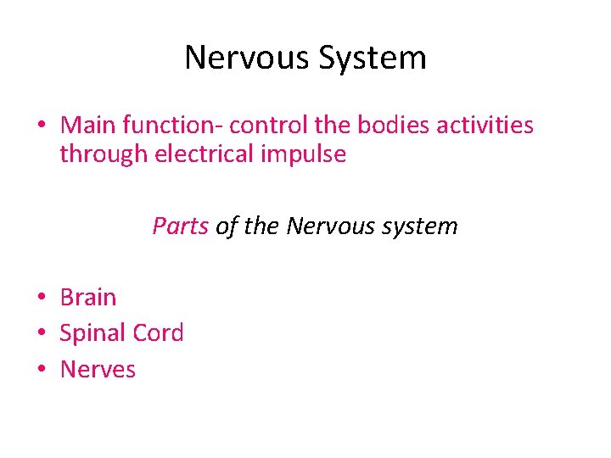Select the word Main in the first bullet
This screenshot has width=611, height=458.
pyautogui.click(x=88, y=126)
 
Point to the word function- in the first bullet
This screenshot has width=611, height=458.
pyautogui.click(x=172, y=126)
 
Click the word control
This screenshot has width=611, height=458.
pyautogui.click(x=268, y=126)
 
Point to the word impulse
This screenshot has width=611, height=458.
pyautogui.click(x=309, y=155)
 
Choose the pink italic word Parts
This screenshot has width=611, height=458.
pyautogui.click(x=180, y=226)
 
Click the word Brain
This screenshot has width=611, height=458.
pyautogui.click(x=88, y=298)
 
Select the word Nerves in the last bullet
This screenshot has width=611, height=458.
pyautogui.click(x=98, y=370)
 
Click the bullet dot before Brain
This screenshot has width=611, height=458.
pyautogui.click(x=41, y=299)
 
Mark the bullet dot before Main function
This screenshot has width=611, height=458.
pyautogui.click(x=41, y=126)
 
